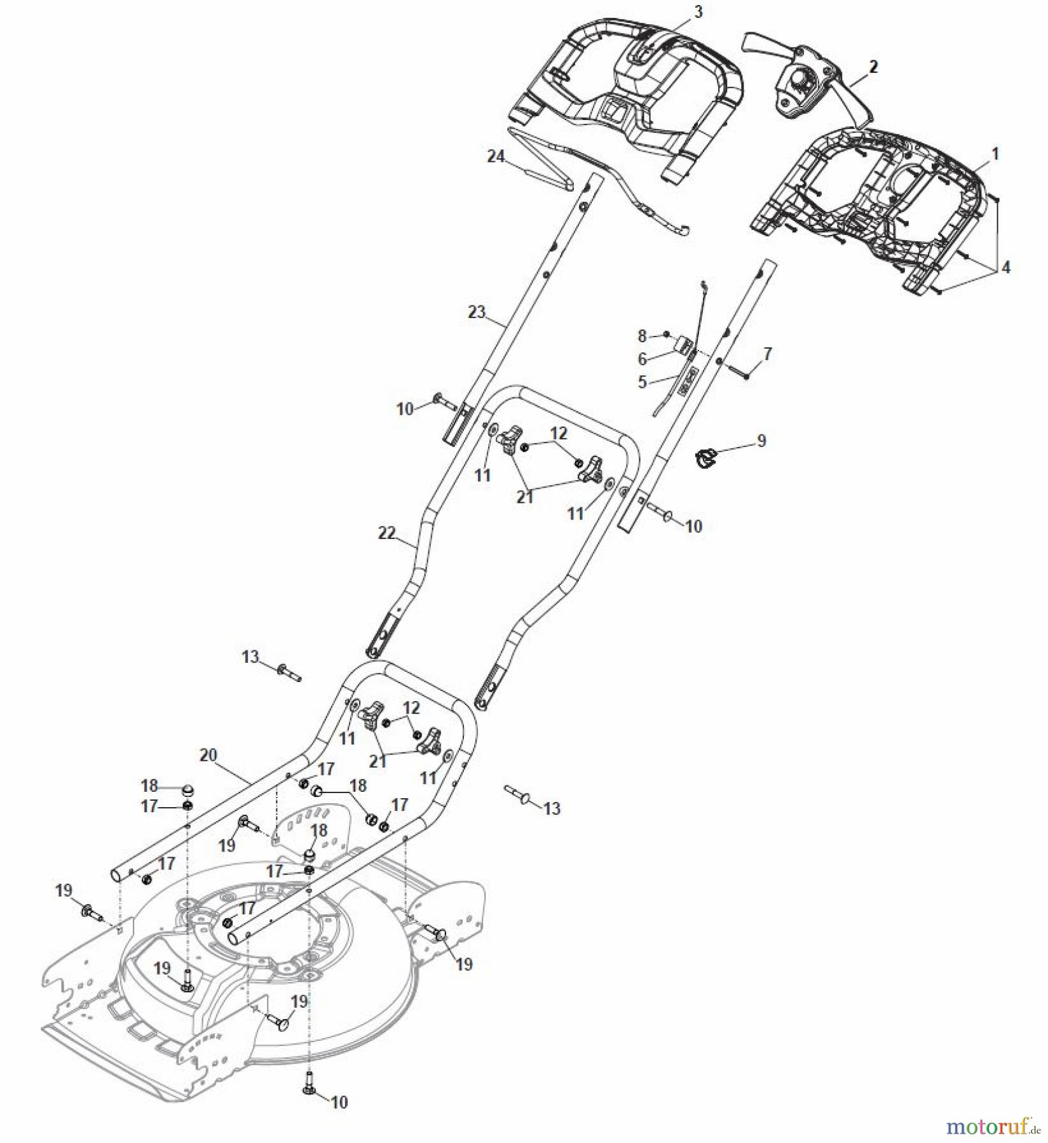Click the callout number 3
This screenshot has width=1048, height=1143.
(x=698, y=12)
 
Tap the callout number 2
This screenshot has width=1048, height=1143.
(x=873, y=66)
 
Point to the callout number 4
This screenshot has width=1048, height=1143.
(x=1005, y=267)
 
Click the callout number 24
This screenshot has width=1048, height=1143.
(x=495, y=156)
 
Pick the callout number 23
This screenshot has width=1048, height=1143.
(x=477, y=312)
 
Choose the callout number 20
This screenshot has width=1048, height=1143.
(x=208, y=755)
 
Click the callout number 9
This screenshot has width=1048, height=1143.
(x=761, y=440)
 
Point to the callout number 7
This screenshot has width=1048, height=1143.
(x=767, y=354)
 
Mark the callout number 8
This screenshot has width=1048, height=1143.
(x=642, y=335)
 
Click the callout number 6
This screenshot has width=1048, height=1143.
(x=642, y=359)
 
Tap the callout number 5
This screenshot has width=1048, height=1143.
(x=642, y=382)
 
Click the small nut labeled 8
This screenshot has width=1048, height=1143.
(x=665, y=334)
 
